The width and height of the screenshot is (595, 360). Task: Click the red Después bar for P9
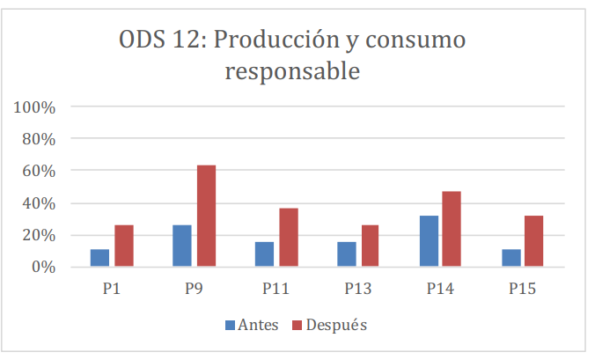(x=206, y=216)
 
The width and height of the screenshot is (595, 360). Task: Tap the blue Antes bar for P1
(x=99, y=257)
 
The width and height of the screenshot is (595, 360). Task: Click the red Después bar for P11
(x=288, y=238)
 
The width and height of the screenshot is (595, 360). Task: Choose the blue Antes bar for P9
(x=182, y=246)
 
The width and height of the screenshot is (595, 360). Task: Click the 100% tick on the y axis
(x=36, y=107)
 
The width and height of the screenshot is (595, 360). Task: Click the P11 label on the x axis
(x=275, y=287)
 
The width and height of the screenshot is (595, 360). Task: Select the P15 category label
(x=523, y=287)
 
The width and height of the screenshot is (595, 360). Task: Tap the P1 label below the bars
(x=111, y=287)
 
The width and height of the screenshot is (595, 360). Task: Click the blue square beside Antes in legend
(x=230, y=326)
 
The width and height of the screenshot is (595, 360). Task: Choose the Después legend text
(x=336, y=326)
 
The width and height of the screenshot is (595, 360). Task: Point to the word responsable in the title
(x=293, y=70)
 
